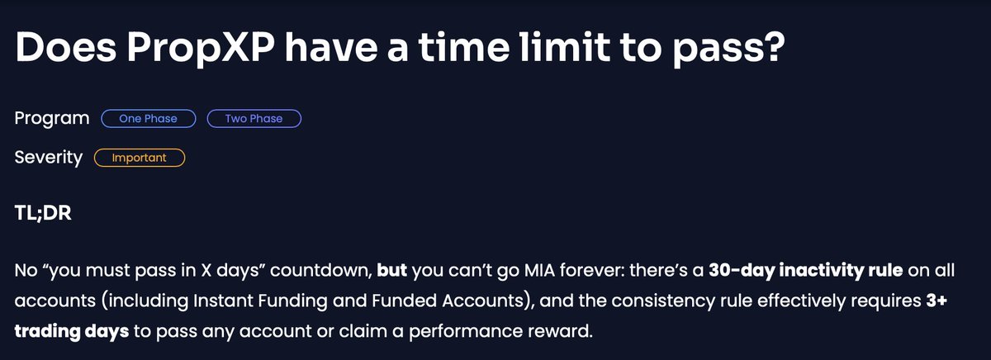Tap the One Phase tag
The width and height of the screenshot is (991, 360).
[x=148, y=119]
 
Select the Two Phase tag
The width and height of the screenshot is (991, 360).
[x=254, y=119]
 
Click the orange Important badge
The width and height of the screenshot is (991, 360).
[x=139, y=158]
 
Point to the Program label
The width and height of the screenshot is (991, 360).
[x=52, y=119]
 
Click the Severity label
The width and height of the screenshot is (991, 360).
[x=49, y=158]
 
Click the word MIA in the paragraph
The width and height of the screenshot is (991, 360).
[x=506, y=270]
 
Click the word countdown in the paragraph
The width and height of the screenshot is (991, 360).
[x=320, y=270]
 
